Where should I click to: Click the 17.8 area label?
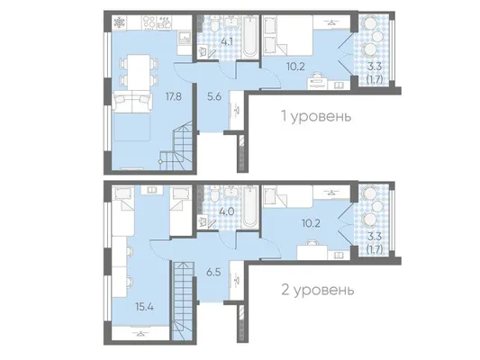coord(174,96)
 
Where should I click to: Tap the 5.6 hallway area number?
coord(214,96)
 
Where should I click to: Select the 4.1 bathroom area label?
coord(227,41)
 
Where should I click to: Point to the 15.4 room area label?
coord(144,307)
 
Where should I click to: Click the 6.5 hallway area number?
coord(213,272)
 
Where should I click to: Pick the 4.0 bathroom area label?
coord(228,211)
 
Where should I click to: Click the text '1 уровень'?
coord(316,116)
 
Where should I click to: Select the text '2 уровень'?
coord(318,290)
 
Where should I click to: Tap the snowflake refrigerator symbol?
coord(119,22)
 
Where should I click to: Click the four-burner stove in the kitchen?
coord(149,22)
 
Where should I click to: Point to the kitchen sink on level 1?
coord(185,37)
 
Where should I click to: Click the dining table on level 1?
coord(139,72)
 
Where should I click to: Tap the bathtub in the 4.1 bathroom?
coord(249,37)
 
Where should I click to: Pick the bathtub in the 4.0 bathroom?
coord(249,207)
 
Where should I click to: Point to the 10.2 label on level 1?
coord(296,67)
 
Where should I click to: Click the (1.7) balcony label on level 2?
coord(375,250)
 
